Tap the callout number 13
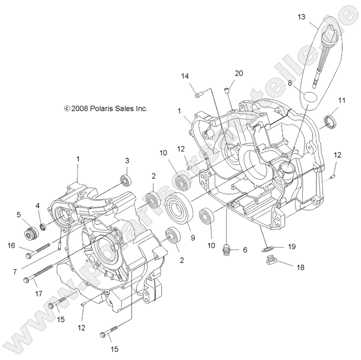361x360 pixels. point(302,17)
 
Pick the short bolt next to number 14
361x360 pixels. point(199,94)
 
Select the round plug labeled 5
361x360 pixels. point(31,235)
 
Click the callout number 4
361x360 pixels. point(38,205)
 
